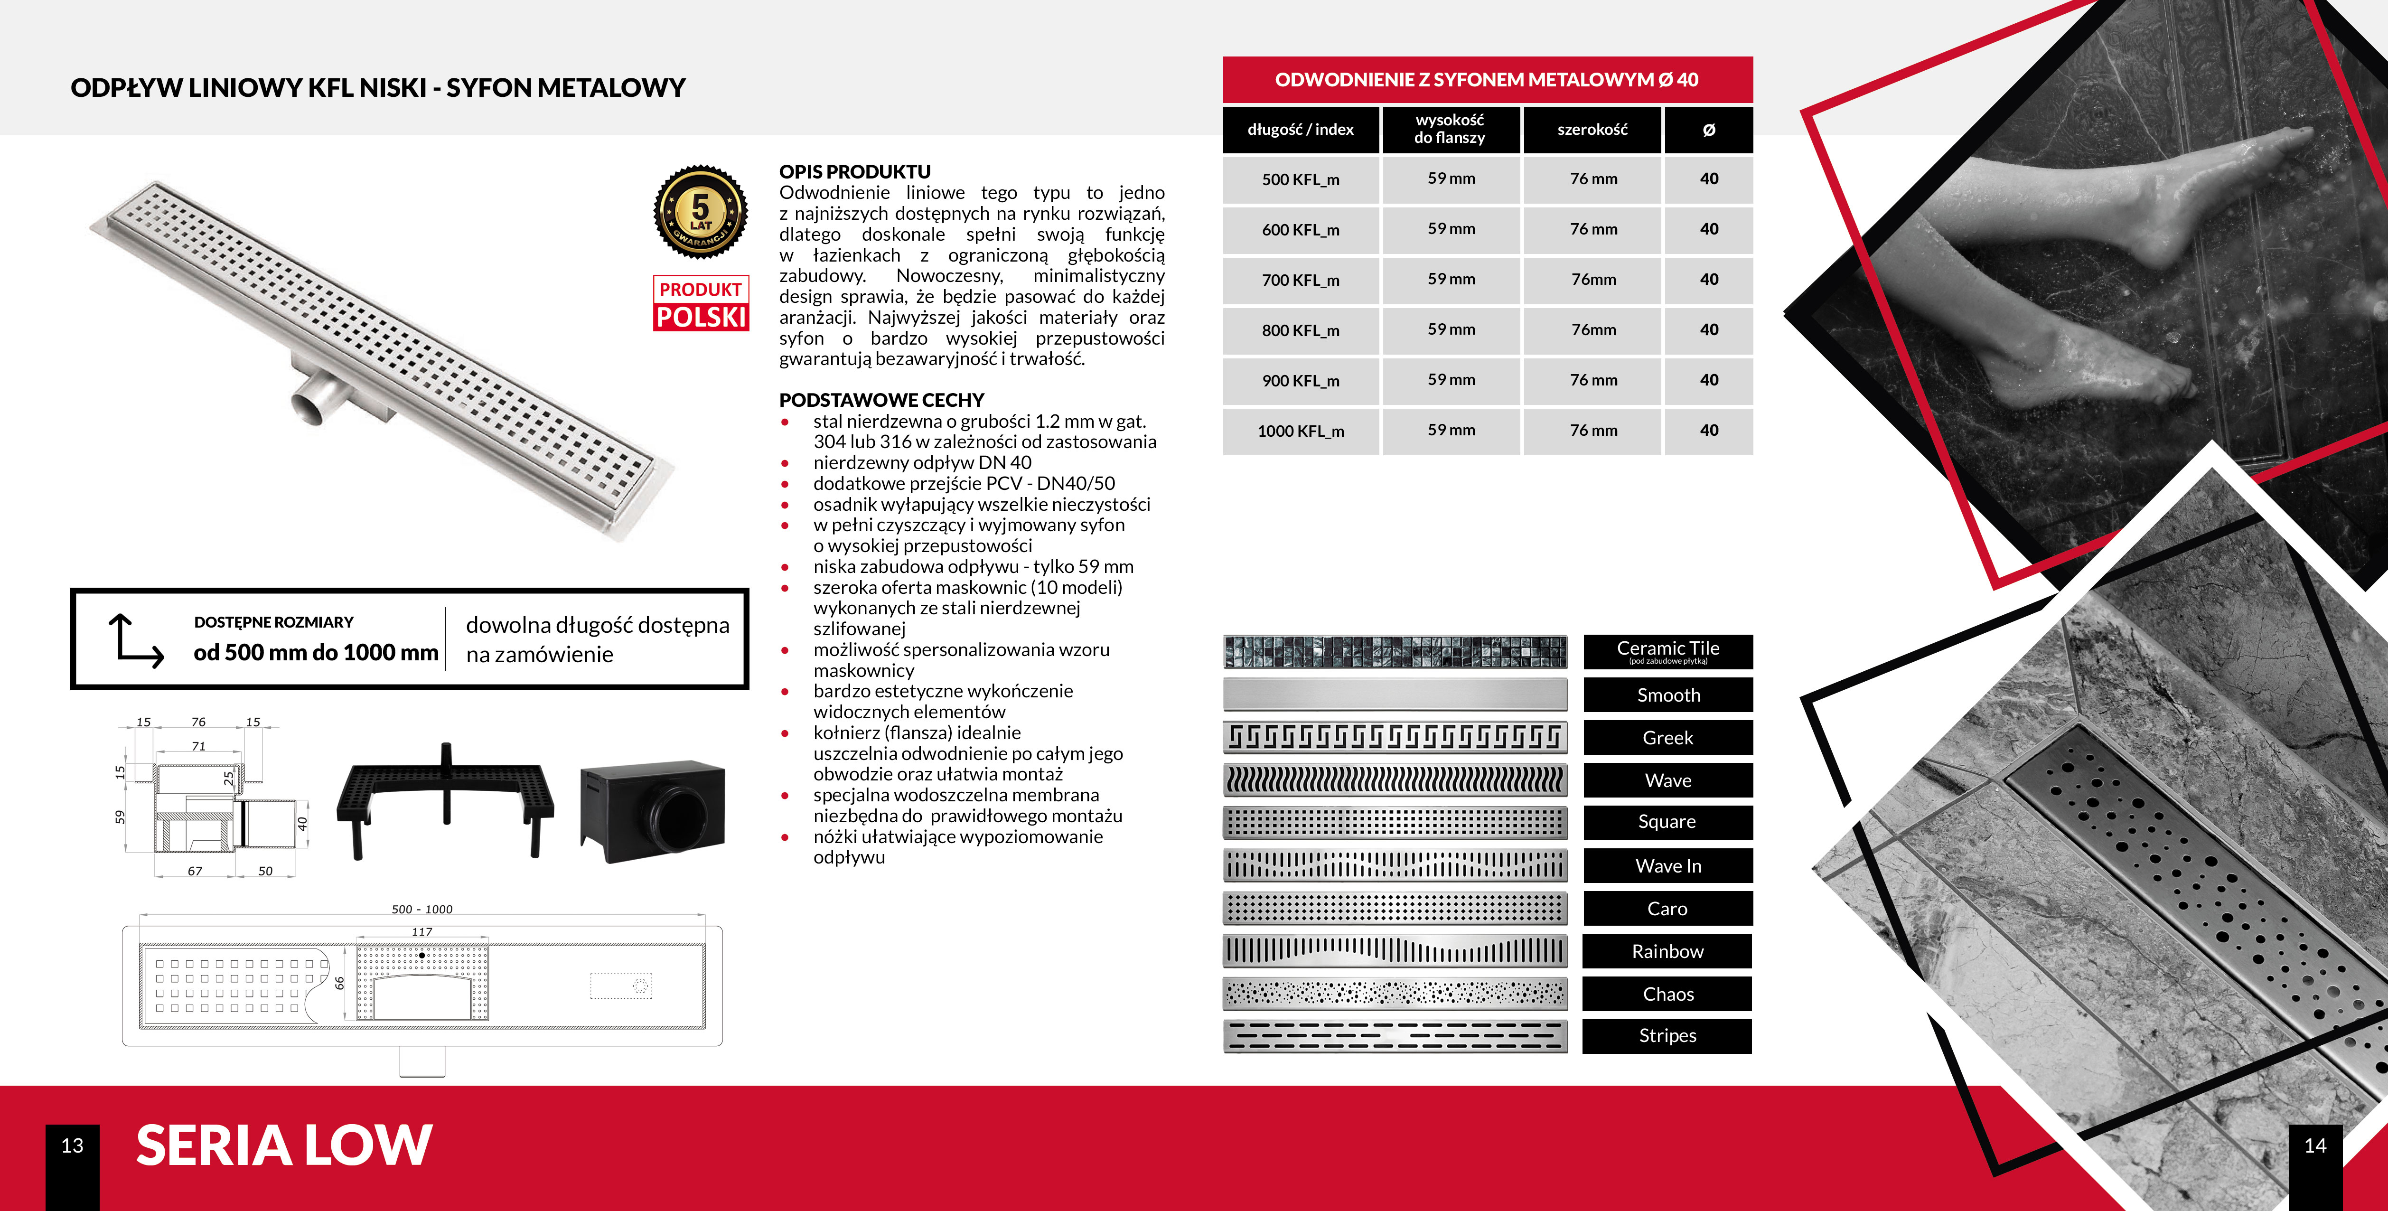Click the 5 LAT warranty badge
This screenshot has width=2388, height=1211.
[x=701, y=212]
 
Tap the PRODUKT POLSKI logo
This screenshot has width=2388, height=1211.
[x=701, y=303]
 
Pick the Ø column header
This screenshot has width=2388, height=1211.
[x=1708, y=130]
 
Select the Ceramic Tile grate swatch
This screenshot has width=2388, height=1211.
[x=1395, y=652]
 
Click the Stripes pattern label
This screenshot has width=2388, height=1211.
[x=1667, y=1036]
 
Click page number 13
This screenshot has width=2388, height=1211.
[x=72, y=1146]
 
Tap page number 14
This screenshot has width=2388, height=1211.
[x=2315, y=1146]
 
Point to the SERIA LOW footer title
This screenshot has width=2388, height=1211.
[x=284, y=1145]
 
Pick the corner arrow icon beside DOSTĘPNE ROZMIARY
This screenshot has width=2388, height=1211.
[x=135, y=640]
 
